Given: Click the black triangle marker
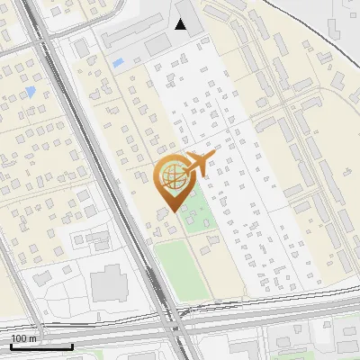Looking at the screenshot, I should click(x=181, y=24).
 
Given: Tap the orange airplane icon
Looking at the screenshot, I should click(x=199, y=163).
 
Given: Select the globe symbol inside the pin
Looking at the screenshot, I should click(x=171, y=174).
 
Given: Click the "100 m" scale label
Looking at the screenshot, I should click(x=23, y=338).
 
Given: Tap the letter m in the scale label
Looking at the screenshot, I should click(x=32, y=338).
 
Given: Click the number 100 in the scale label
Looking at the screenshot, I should click(x=19, y=338).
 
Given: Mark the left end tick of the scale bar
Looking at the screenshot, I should click(x=11, y=346).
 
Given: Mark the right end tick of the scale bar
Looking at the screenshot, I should click(x=72, y=346).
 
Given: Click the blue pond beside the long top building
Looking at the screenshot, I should click(x=118, y=62).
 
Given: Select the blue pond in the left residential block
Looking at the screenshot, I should click(x=31, y=91).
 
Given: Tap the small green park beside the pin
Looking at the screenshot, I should click(x=194, y=217).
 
